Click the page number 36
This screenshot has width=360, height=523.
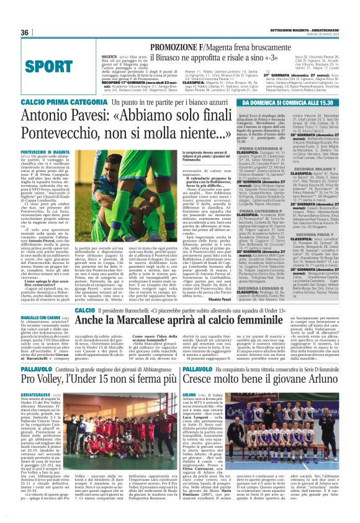click(25, 33)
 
